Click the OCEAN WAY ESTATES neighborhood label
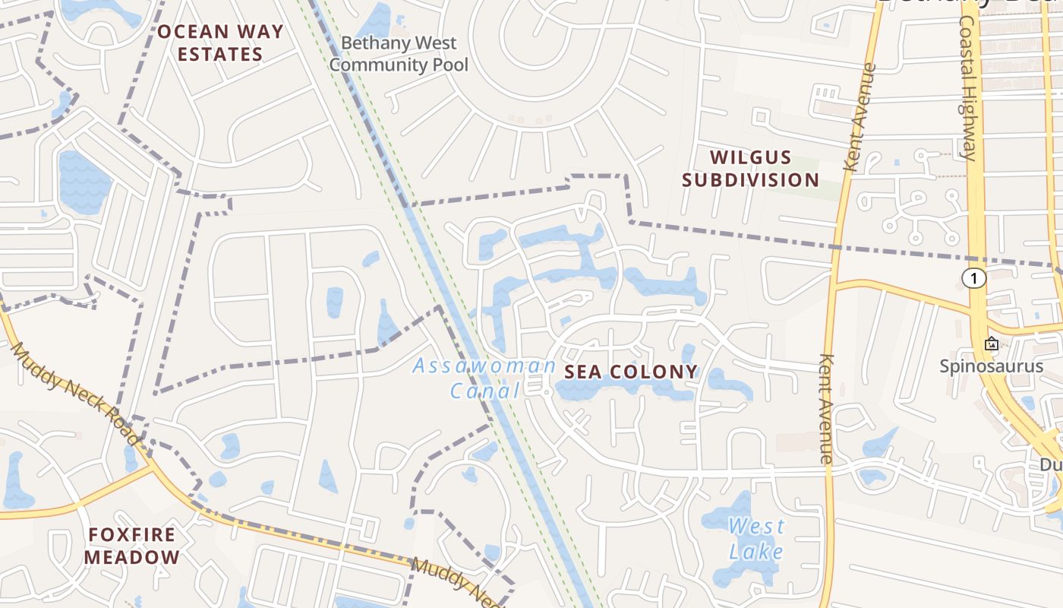[220, 43]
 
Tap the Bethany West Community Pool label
[399, 54]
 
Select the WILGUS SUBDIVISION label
[750, 169]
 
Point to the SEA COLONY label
[630, 372]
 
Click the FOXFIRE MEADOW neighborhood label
[132, 546]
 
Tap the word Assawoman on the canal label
[484, 366]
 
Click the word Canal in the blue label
[484, 391]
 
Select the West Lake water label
[756, 538]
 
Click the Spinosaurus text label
[992, 366]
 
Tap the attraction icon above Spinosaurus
[991, 344]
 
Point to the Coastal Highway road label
[967, 87]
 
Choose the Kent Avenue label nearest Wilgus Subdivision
[860, 118]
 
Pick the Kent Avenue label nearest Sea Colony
[827, 408]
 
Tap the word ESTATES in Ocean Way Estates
[220, 55]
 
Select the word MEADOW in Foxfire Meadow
[132, 557]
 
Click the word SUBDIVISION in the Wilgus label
[750, 180]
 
